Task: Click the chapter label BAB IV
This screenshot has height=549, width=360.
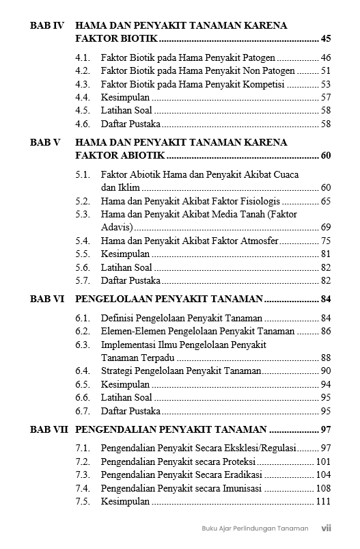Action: coord(47,25)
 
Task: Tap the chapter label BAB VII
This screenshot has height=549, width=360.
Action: coord(49,429)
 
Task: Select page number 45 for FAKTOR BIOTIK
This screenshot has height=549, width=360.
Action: coord(325,38)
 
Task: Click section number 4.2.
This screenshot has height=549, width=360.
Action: coord(83,70)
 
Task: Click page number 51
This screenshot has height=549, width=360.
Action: coord(325,70)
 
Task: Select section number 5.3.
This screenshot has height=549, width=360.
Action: coord(83,214)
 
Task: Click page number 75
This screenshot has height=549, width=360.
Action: coord(325,241)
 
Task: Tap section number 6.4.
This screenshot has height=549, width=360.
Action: coord(83,371)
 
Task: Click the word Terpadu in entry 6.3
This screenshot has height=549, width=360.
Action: coord(157,358)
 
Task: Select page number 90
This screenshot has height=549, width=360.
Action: coord(325,371)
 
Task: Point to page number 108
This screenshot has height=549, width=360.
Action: coord(323,488)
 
